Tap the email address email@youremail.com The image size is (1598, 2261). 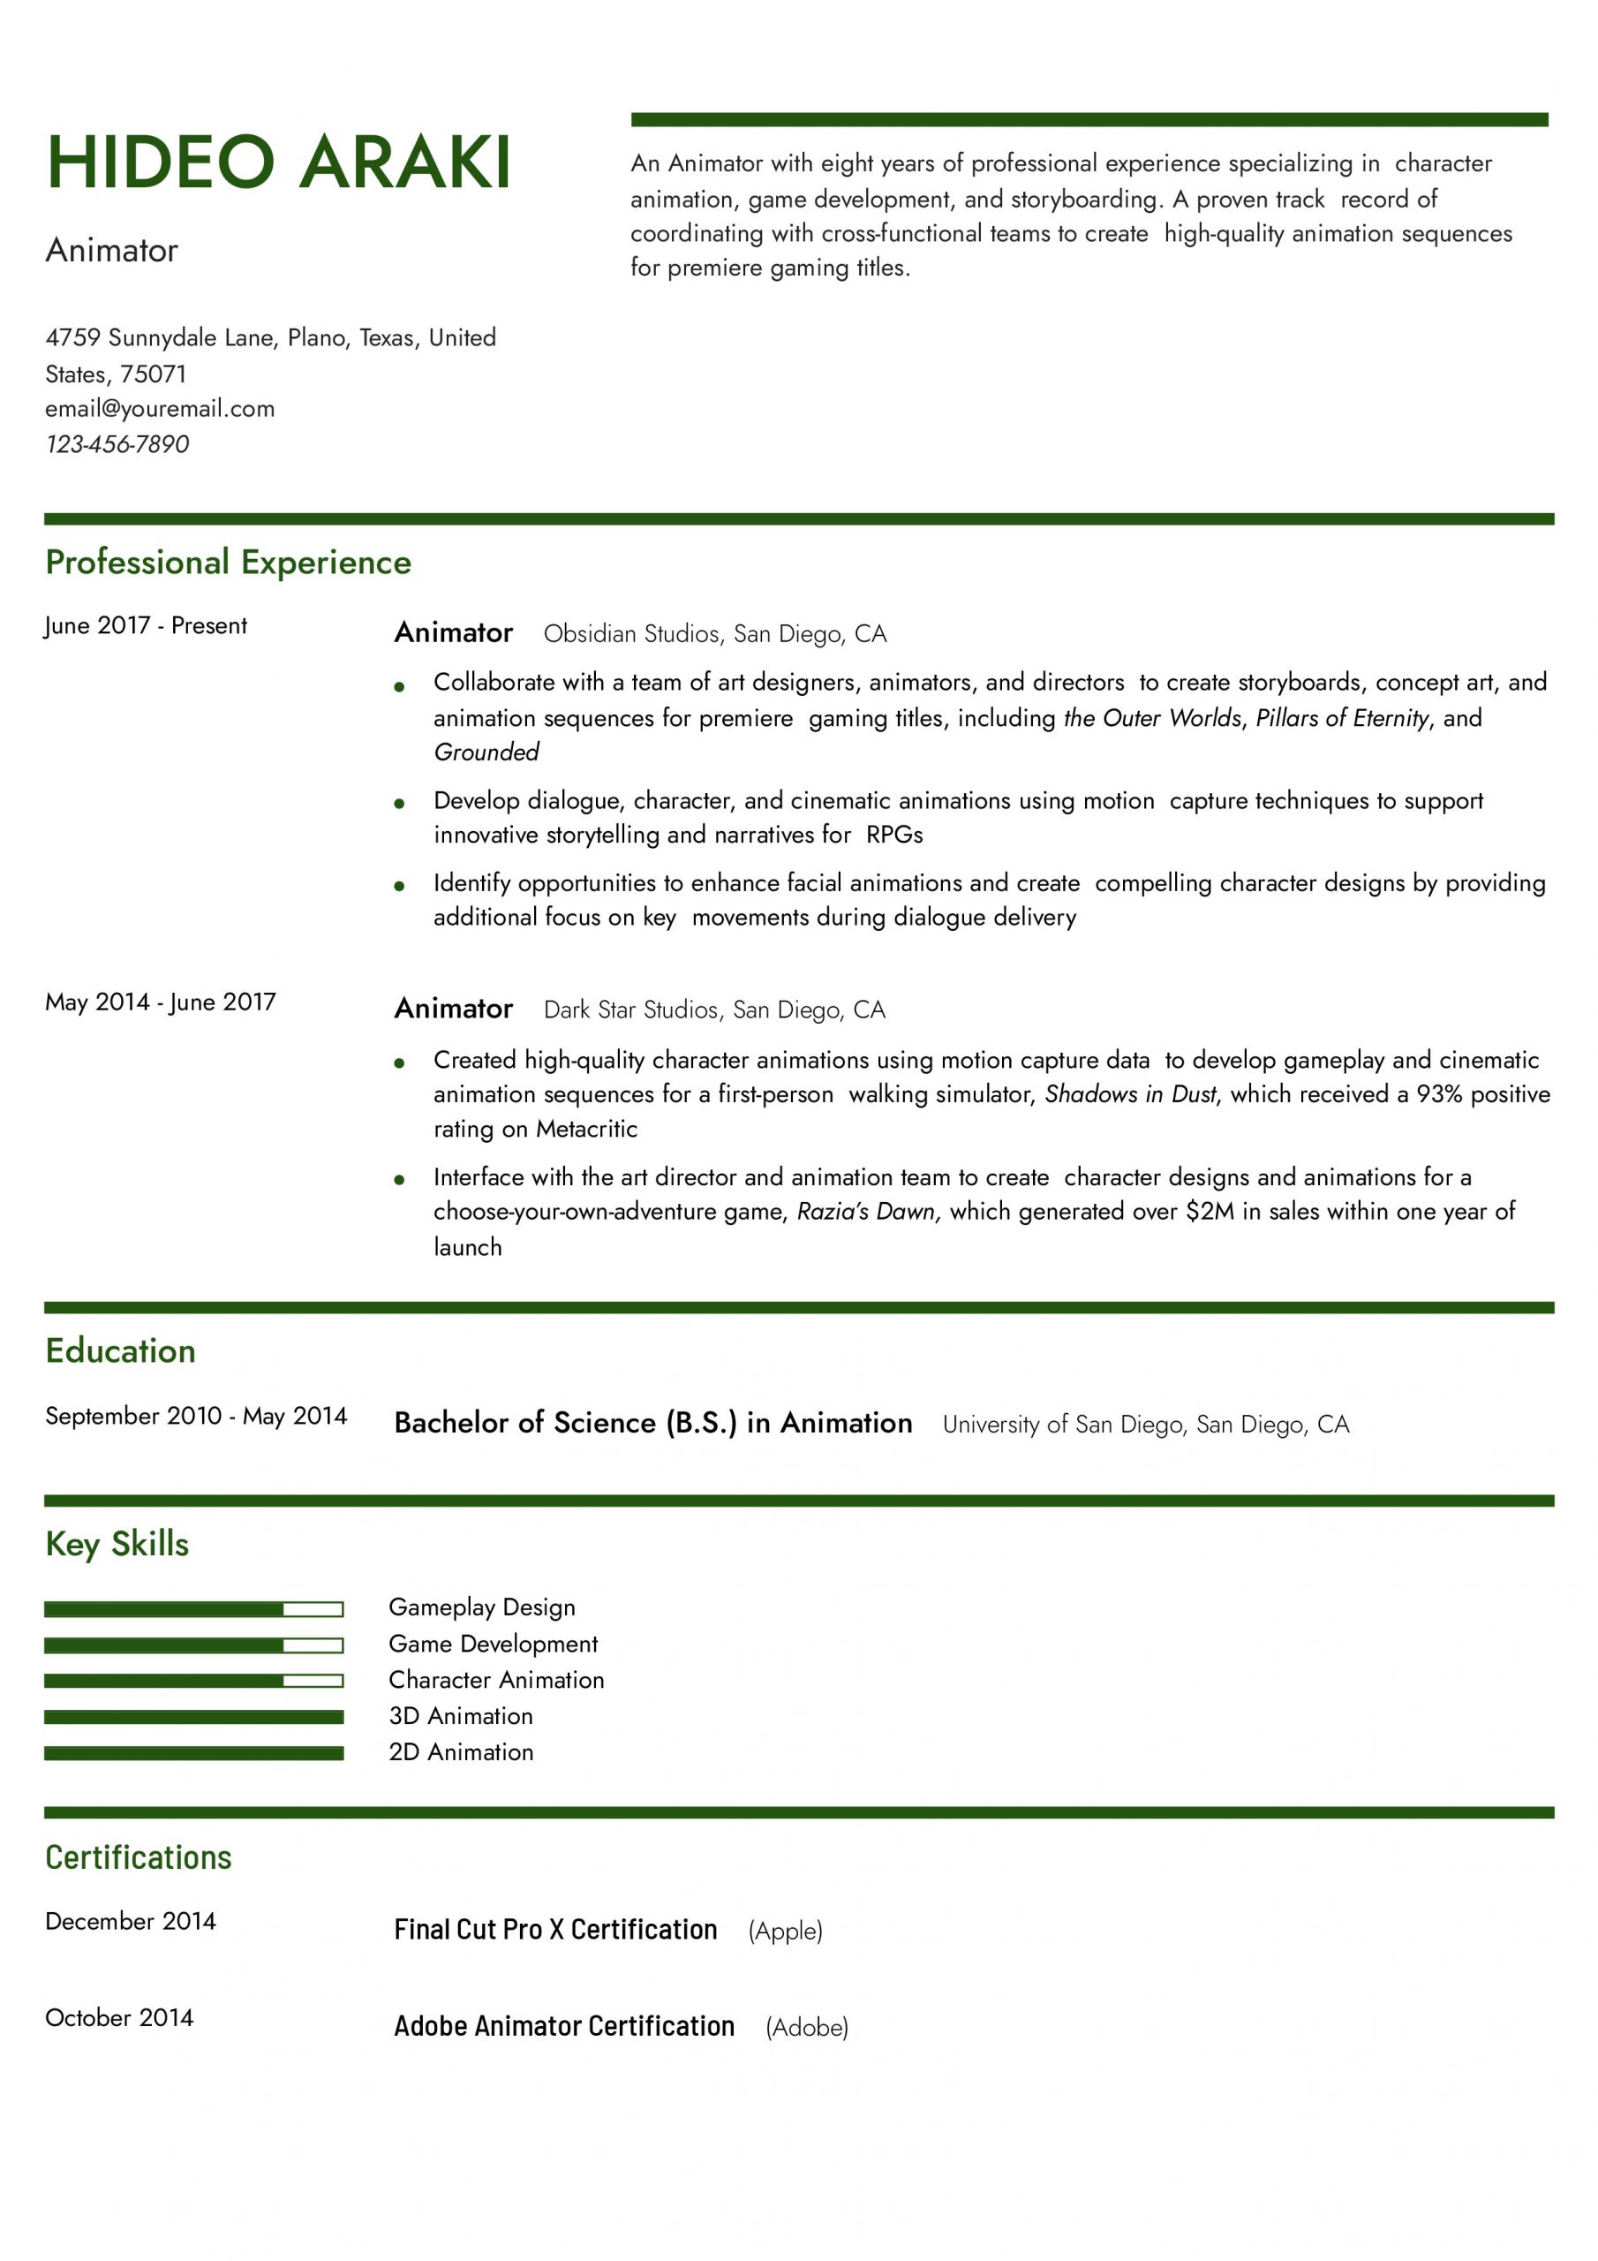pos(160,409)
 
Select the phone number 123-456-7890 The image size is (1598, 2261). pos(117,444)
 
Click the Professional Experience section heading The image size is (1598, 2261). pos(229,563)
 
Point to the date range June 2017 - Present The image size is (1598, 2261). pos(146,625)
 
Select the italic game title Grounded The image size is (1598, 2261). pos(486,752)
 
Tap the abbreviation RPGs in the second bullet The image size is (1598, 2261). pos(894,836)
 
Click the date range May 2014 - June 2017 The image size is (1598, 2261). pos(161,1002)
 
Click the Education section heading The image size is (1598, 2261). pos(120,1351)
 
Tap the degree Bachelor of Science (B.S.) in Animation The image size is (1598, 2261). pos(652,1423)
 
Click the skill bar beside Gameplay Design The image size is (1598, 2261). pos(194,1610)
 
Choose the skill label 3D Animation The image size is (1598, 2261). pos(461,1716)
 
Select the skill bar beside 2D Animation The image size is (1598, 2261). pos(194,1754)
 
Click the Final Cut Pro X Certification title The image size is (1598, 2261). pos(555,1929)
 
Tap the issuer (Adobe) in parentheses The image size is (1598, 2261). pos(806,2027)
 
